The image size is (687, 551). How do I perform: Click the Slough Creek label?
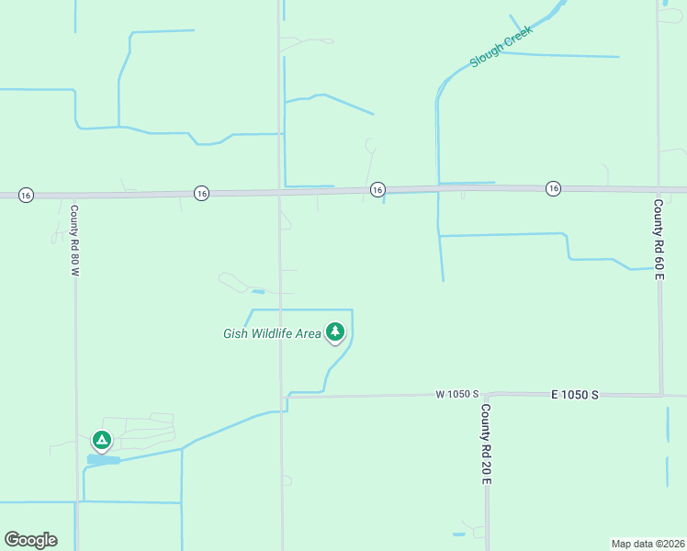coord(501,52)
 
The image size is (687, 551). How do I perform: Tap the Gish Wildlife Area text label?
coord(272,333)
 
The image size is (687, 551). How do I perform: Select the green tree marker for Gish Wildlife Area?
coord(336,332)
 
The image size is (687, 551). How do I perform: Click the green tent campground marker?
coord(102,441)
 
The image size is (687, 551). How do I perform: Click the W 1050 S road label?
coord(457,394)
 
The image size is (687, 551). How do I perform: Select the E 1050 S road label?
coord(575,394)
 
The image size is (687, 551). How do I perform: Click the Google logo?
coord(30,540)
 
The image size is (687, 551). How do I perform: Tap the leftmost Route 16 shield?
coord(26,195)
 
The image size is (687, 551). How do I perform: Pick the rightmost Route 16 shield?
coord(553,188)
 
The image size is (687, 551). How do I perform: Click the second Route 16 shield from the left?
coord(201,193)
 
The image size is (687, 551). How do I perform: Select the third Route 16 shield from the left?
coord(377,189)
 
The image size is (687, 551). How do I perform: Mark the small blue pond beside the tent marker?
coord(104,459)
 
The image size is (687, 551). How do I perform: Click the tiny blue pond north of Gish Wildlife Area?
coord(259,292)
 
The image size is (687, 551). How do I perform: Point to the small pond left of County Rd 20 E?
coord(459,534)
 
